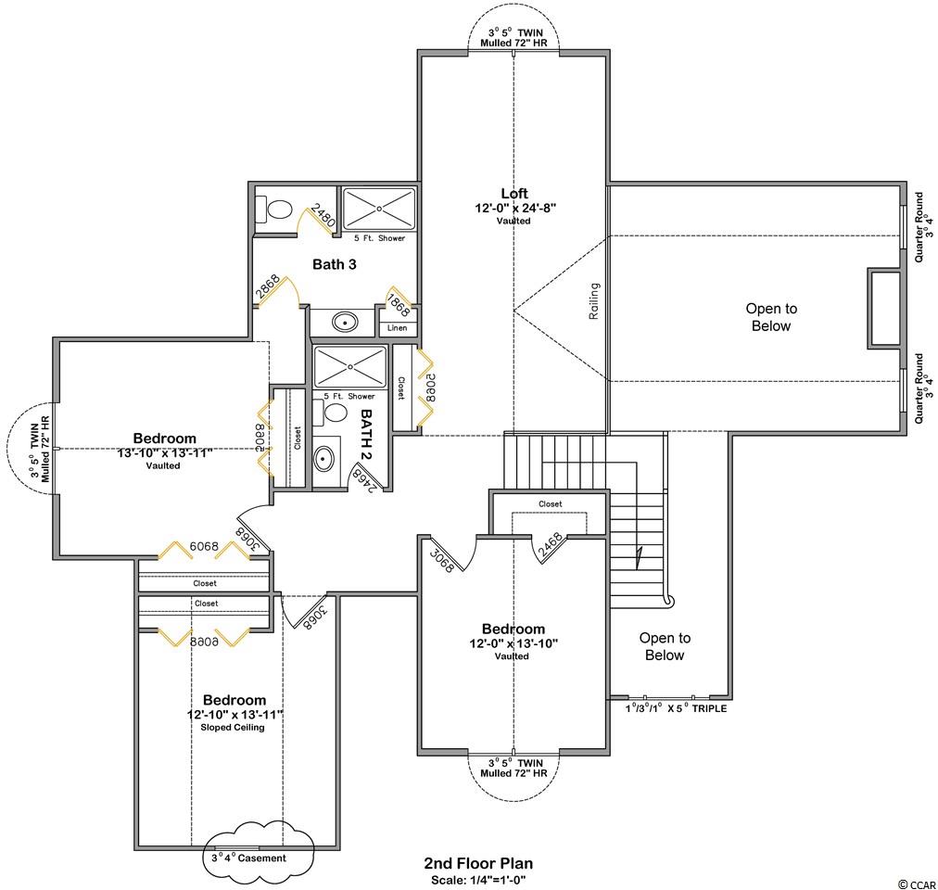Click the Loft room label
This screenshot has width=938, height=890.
[514, 194]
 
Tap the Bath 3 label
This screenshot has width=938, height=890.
[335, 264]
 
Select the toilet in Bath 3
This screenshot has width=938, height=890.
[274, 210]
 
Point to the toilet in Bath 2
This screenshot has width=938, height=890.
[330, 413]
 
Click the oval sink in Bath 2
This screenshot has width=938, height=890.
[323, 460]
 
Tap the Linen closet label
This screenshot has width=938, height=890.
[398, 328]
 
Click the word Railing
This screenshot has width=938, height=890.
[594, 301]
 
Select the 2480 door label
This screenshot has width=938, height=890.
[323, 217]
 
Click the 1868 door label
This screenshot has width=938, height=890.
[398, 305]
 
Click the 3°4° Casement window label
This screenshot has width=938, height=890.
[248, 858]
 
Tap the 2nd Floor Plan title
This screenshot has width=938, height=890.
[478, 863]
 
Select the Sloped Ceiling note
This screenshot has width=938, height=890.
[233, 727]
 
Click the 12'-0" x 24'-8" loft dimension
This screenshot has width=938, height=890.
[515, 209]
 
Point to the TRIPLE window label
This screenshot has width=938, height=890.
[709, 708]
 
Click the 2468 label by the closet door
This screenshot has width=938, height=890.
[551, 546]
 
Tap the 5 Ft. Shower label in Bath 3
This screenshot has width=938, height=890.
[379, 238]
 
